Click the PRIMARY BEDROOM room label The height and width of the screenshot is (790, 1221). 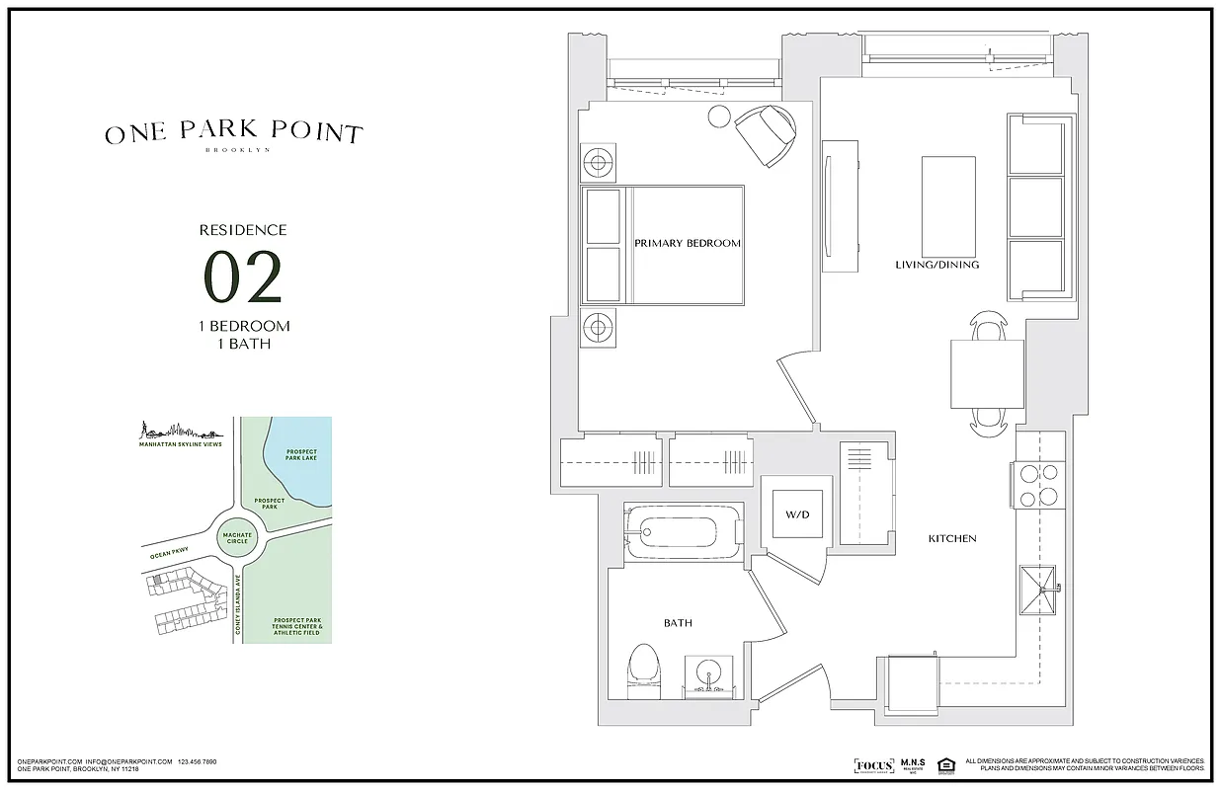[687, 243]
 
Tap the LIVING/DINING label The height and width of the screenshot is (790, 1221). [936, 265]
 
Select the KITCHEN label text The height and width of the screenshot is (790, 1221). [952, 538]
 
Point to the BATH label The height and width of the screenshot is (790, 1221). [677, 623]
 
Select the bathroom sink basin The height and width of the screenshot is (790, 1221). [708, 675]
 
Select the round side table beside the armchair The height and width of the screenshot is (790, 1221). [718, 118]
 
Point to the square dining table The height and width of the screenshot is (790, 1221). [987, 373]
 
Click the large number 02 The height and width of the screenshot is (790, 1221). [243, 277]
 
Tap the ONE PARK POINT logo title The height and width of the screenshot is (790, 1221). [234, 133]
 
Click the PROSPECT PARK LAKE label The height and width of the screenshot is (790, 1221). [300, 455]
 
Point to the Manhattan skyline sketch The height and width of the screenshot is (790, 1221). [177, 431]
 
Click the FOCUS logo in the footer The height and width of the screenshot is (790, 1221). [872, 765]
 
